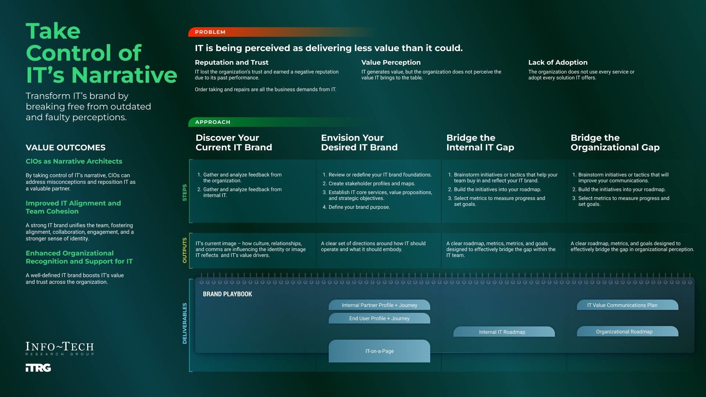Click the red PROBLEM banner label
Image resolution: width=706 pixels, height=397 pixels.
coord(210,32)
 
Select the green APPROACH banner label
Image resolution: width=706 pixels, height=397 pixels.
coord(213,122)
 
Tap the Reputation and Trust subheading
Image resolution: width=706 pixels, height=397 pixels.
coord(232,62)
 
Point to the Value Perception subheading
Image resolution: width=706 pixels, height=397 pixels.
coord(391,62)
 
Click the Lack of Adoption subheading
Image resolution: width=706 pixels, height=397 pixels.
coord(558,62)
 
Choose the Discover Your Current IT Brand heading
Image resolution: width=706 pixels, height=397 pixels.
coord(234,143)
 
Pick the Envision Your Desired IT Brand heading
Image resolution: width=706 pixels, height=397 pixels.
coord(359,143)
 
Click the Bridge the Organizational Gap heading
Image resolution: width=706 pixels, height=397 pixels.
coord(615,143)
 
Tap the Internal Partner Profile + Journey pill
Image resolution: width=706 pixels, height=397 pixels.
coord(379,305)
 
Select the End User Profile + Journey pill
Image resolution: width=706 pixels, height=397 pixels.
coord(379,318)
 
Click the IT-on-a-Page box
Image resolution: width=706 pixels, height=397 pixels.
coord(379,351)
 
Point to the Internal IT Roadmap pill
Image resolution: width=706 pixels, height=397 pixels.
coord(502,332)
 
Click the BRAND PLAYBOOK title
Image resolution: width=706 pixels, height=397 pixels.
coord(227,294)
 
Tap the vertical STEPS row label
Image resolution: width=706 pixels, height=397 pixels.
coord(185,192)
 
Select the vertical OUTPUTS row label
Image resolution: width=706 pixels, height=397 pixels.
coord(185,250)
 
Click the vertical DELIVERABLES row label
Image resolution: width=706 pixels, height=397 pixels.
coord(185,323)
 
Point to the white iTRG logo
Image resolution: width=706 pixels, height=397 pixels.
coord(38,368)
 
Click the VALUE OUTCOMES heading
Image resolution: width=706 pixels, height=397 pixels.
coord(65,148)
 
